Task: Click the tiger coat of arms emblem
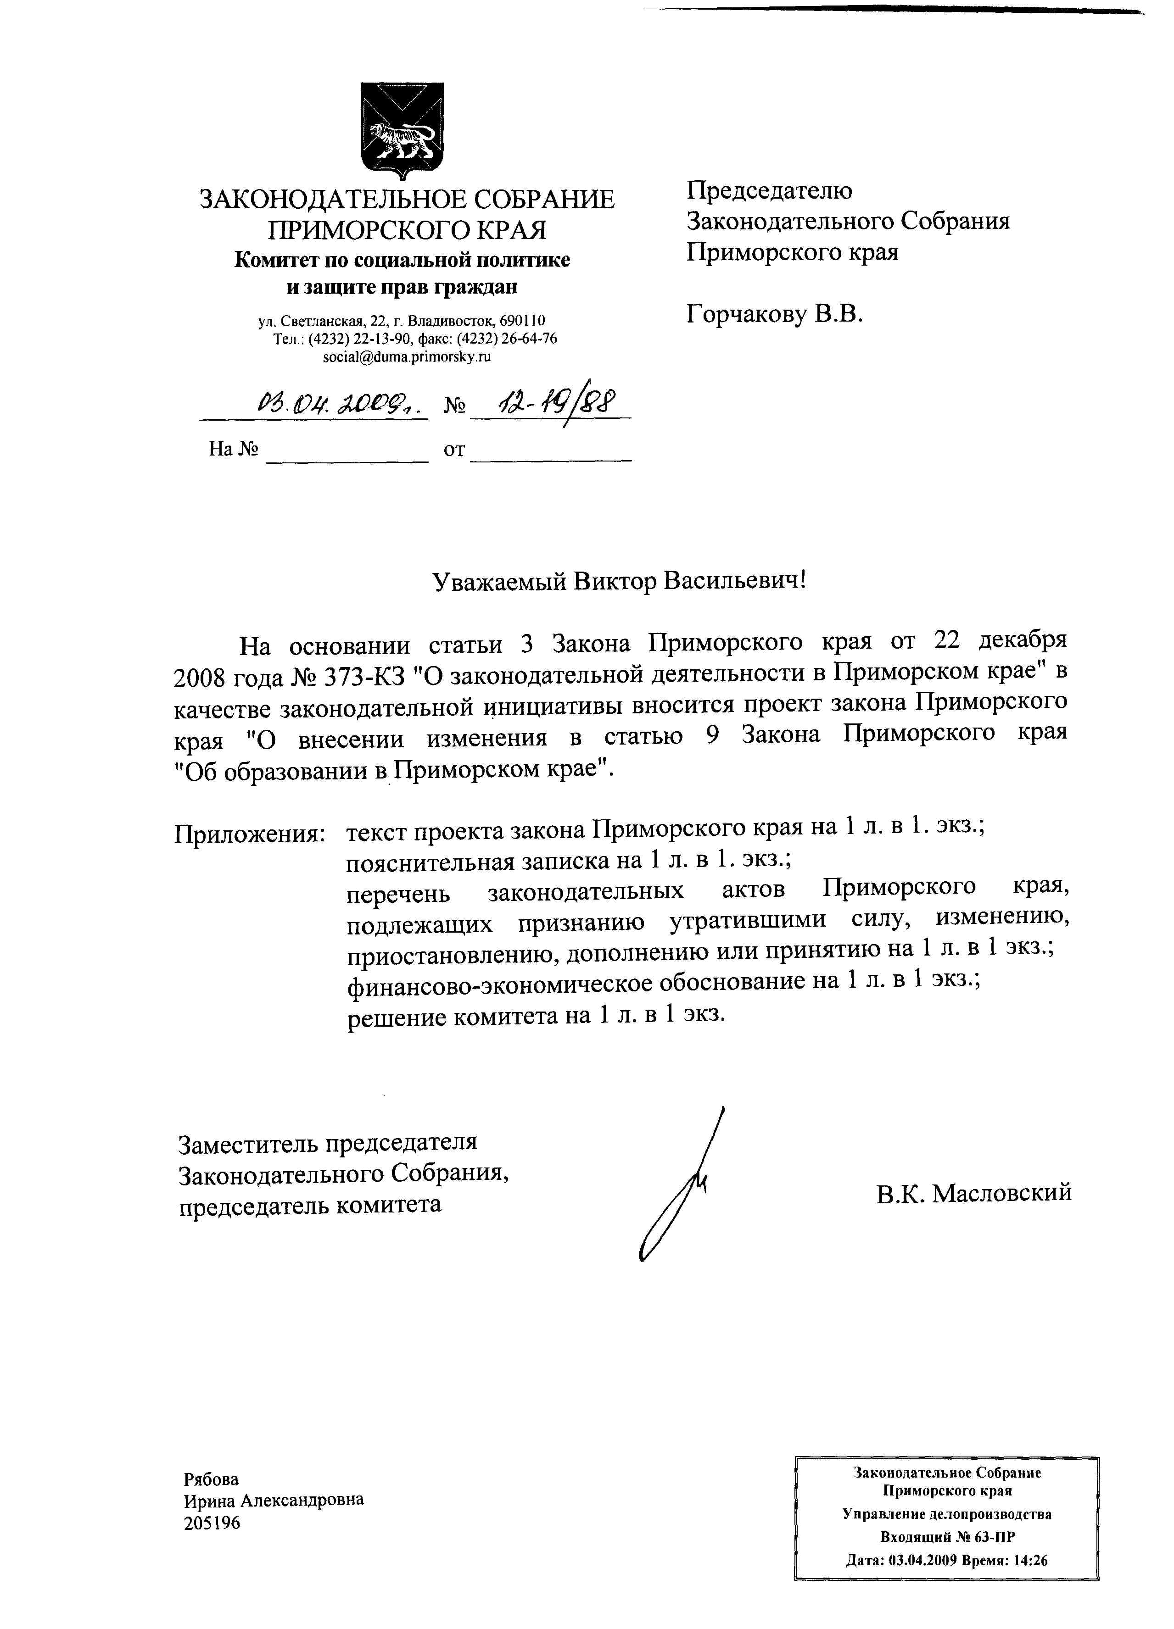402,129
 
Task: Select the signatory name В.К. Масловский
973,1192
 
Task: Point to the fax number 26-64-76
531,338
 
